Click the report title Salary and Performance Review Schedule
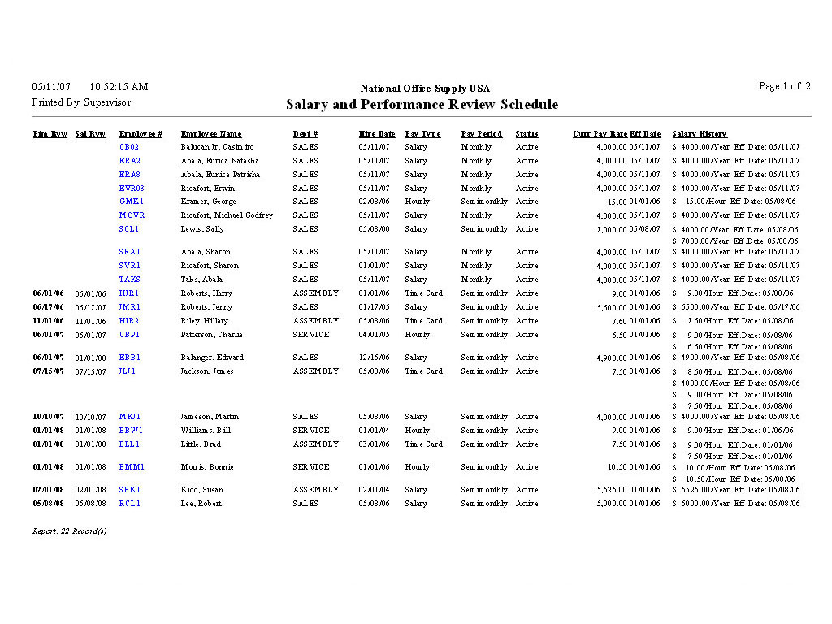tap(422, 105)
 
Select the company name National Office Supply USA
tap(425, 89)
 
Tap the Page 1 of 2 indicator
tap(784, 86)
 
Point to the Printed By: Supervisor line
tap(81, 102)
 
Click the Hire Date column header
tap(377, 134)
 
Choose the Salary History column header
tap(699, 134)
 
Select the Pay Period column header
tap(482, 134)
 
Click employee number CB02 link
tap(129, 147)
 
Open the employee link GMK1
tap(132, 201)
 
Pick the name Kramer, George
tap(208, 201)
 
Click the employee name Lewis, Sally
tap(202, 229)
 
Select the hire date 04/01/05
tap(374, 335)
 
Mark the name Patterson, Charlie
tap(211, 335)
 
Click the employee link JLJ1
tap(128, 371)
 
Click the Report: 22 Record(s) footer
tap(69, 531)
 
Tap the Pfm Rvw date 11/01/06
tap(49, 321)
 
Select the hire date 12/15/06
tap(374, 357)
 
